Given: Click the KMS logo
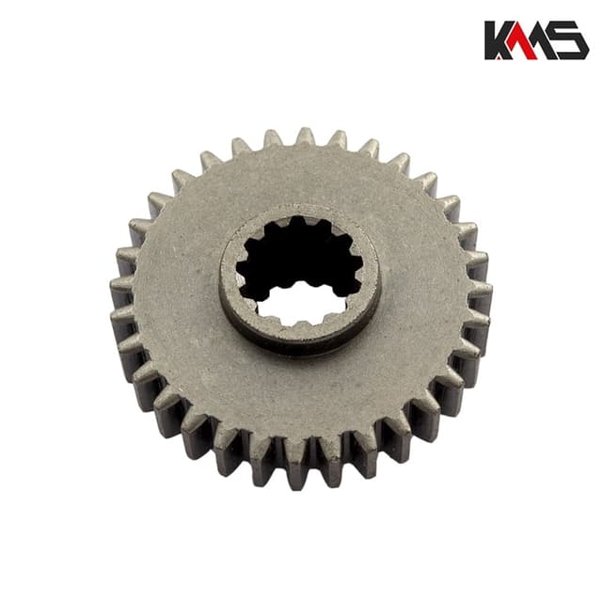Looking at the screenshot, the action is (536, 40).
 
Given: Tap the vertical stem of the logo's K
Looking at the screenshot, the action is (490, 40).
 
